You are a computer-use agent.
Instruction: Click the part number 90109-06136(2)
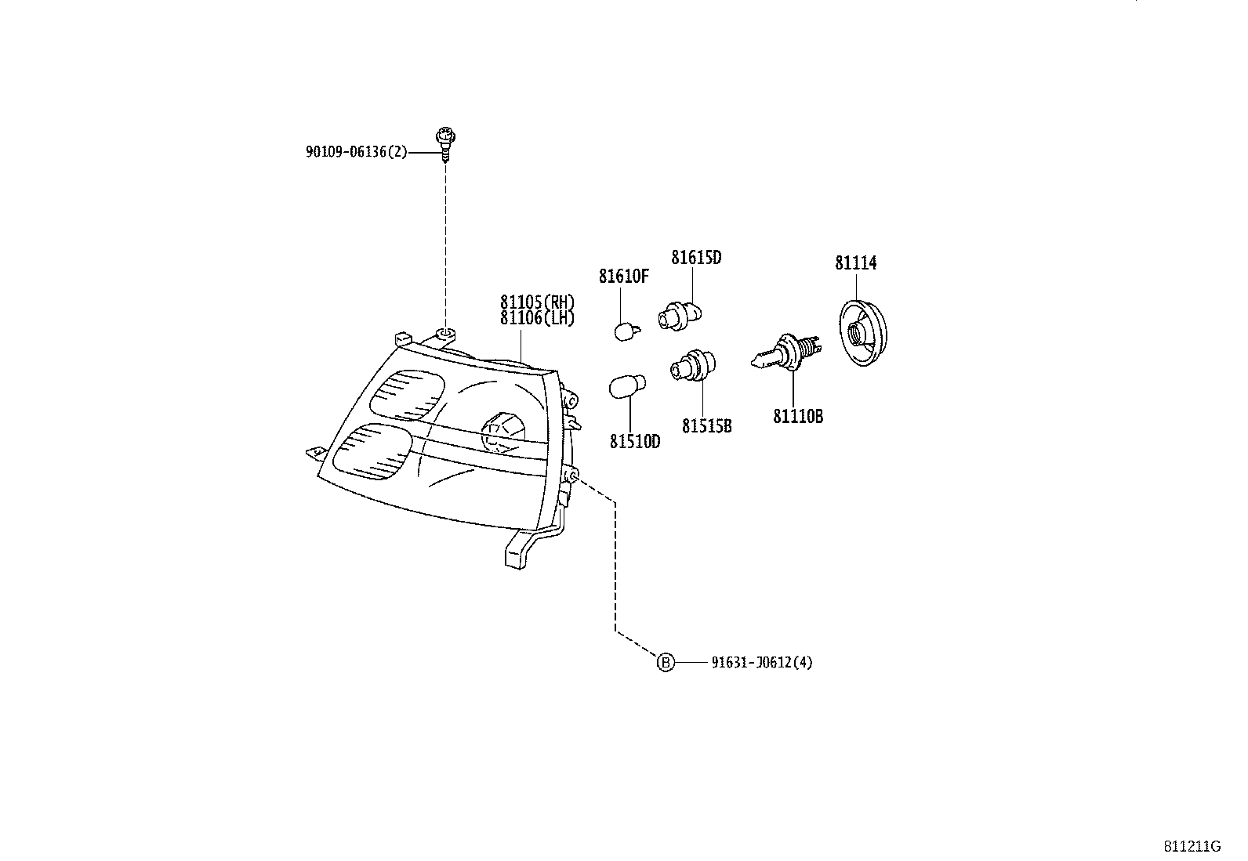click(x=356, y=152)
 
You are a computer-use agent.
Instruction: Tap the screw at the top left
click(x=446, y=143)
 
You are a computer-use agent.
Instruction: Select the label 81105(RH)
click(x=538, y=302)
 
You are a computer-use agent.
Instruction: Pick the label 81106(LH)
click(x=538, y=317)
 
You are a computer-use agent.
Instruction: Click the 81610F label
click(x=624, y=277)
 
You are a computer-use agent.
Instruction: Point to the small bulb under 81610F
click(x=624, y=331)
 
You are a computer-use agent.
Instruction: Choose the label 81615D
click(x=695, y=257)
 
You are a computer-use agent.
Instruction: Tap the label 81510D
click(x=635, y=442)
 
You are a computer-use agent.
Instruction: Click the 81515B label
click(x=706, y=426)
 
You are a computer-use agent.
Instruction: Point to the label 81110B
click(x=798, y=417)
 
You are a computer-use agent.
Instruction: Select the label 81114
click(x=855, y=263)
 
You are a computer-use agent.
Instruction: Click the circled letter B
click(x=665, y=663)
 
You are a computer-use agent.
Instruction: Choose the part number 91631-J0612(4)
click(x=762, y=663)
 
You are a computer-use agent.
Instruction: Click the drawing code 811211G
click(x=1192, y=847)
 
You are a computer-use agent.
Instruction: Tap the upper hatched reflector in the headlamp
click(x=405, y=394)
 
